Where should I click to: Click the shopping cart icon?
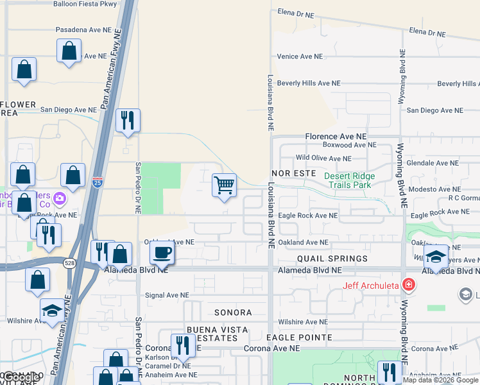[225, 185]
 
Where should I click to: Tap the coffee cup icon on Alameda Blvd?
[162, 252]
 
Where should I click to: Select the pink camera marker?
[60, 198]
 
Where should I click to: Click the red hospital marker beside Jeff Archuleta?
[407, 284]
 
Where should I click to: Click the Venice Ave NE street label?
[300, 56]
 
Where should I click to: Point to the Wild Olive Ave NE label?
[323, 158]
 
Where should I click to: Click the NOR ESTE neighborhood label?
[293, 173]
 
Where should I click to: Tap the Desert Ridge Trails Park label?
[348, 180]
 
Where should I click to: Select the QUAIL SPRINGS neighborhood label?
[332, 259]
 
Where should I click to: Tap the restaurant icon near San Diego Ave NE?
[128, 121]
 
